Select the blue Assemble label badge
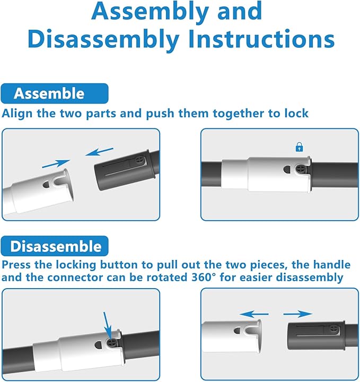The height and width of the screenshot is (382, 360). point(54,93)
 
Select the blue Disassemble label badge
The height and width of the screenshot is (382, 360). point(55,246)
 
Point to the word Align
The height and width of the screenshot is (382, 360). point(17,114)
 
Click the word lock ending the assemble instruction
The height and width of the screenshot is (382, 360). point(295,114)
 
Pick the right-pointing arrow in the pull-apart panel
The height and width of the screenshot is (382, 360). point(297,314)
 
